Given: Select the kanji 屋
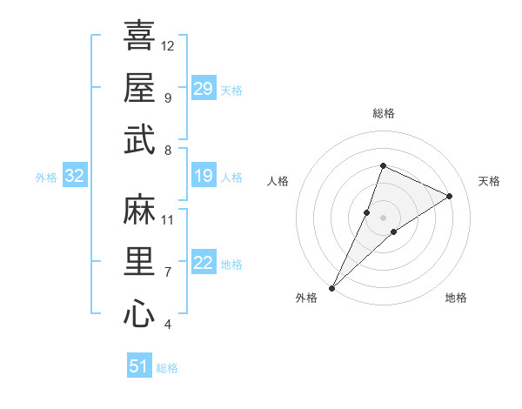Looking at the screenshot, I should tap(139, 87).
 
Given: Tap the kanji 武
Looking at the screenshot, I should tap(139, 139).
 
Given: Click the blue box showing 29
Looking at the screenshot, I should tap(204, 88).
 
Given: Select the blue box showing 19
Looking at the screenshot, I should tap(204, 177).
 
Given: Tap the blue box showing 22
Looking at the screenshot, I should tap(204, 264).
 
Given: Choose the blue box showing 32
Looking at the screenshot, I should tap(75, 177).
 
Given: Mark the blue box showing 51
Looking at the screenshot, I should tap(139, 366).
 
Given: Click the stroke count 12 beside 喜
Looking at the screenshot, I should tap(168, 45).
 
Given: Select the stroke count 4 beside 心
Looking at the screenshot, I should tap(167, 325).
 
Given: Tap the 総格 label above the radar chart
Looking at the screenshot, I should tap(384, 113).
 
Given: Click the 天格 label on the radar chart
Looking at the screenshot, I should tap(489, 181).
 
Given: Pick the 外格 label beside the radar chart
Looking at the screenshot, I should tap(306, 298).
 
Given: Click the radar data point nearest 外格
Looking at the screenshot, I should tap(332, 287).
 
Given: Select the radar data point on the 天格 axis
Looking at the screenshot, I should tap(450, 196).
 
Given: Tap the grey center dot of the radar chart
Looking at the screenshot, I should tap(384, 217).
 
